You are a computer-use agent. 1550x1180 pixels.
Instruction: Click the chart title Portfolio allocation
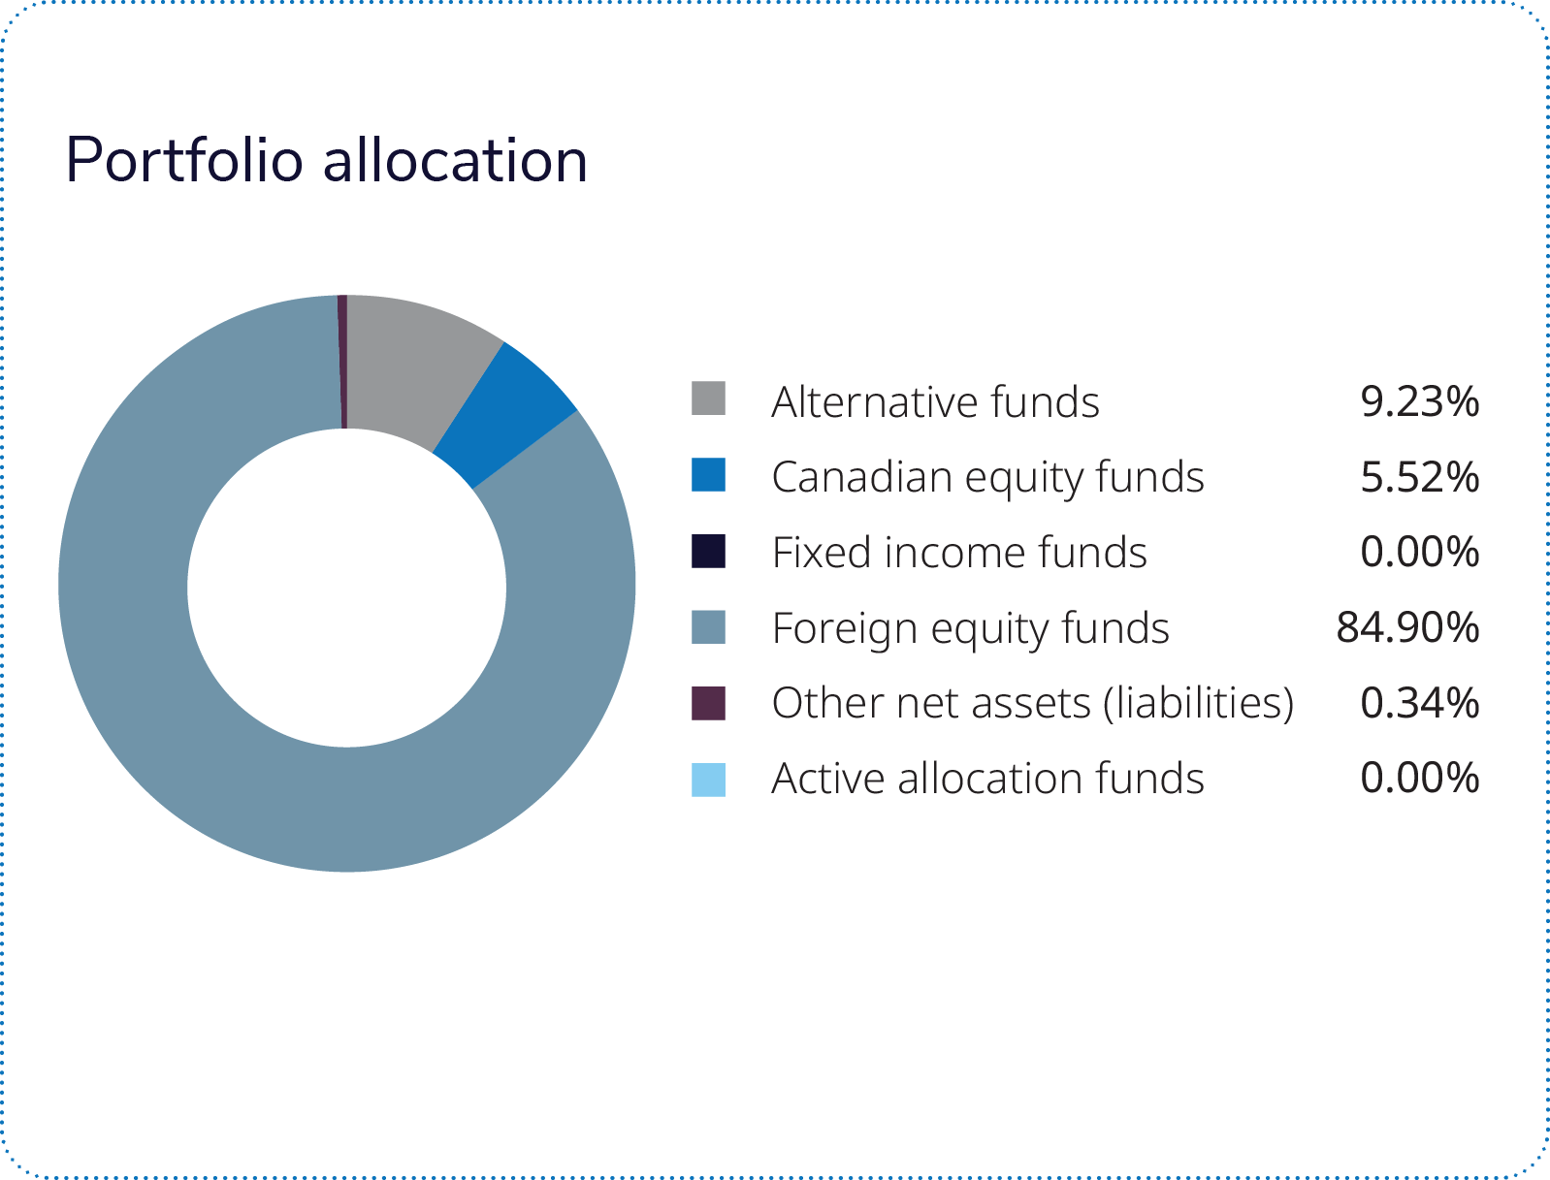click(326, 161)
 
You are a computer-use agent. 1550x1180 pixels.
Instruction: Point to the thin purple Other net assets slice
click(342, 362)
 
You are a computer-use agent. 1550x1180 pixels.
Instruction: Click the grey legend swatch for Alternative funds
click(708, 399)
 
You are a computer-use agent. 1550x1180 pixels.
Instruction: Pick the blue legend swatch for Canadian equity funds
click(708, 474)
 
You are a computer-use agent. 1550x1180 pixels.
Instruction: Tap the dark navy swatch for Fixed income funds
click(708, 551)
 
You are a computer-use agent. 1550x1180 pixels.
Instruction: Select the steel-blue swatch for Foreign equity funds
click(708, 627)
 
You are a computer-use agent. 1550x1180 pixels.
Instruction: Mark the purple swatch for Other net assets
click(708, 704)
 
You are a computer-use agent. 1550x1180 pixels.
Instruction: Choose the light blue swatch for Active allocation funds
click(708, 780)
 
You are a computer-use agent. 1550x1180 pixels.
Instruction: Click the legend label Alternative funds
click(936, 401)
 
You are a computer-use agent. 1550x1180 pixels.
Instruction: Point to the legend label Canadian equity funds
click(987, 478)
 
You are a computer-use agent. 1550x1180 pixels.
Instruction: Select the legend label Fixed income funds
click(959, 552)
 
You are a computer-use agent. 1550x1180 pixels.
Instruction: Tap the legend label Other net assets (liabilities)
click(1033, 704)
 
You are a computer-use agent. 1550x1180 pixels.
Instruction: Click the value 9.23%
click(1420, 401)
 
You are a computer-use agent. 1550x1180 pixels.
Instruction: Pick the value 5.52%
click(1420, 477)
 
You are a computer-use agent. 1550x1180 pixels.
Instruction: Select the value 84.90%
click(1408, 627)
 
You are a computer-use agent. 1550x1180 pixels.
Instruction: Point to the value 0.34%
click(1420, 703)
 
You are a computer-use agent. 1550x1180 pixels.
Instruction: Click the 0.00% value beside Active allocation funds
click(1420, 778)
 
